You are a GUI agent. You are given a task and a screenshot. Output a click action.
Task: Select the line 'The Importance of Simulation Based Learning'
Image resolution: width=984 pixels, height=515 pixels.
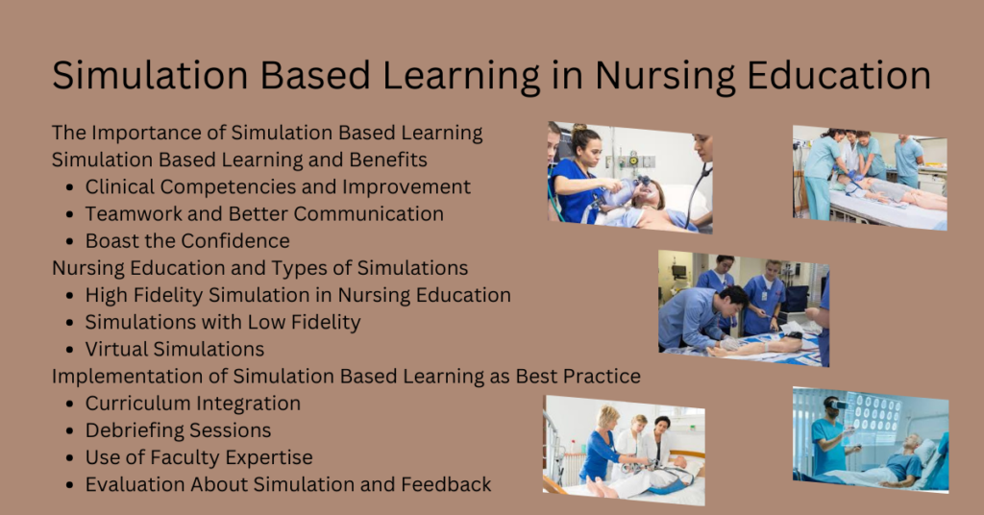click(267, 133)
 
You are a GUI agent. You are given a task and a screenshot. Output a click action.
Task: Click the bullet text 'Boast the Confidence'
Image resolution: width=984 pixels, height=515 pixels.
click(187, 240)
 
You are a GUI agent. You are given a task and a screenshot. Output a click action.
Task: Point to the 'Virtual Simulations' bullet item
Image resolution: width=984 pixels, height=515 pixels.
click(175, 349)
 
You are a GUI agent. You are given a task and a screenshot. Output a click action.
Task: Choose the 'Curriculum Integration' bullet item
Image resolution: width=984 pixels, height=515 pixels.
click(192, 404)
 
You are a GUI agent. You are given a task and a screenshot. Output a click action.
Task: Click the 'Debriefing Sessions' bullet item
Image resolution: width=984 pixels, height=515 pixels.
click(178, 430)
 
